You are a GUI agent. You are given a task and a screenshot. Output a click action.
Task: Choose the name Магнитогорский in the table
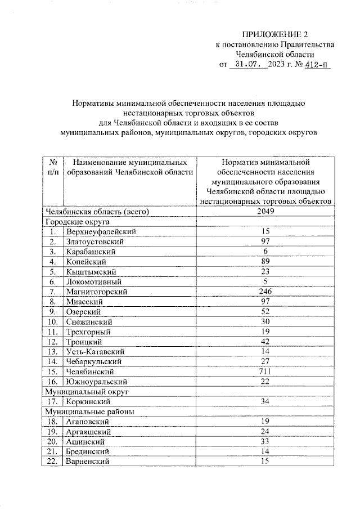pos(96,292)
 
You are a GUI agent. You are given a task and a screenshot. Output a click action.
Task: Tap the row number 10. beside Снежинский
pos(52,322)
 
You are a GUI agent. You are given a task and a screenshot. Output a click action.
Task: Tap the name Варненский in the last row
pos(87,462)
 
